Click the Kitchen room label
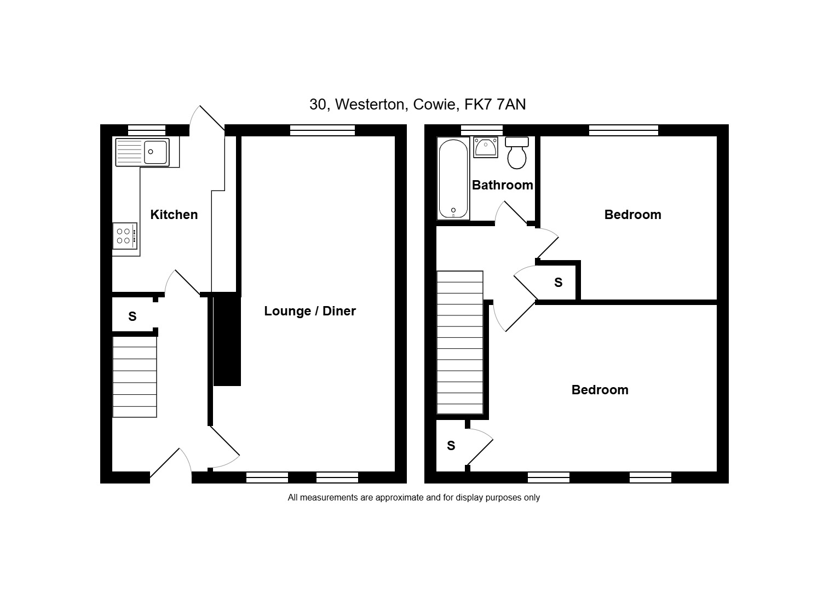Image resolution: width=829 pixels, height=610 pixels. pos(174,215)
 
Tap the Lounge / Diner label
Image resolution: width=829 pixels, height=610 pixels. pos(310,311)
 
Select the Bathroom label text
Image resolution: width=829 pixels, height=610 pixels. pos(502,185)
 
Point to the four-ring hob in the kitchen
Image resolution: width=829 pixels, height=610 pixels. pos(125,236)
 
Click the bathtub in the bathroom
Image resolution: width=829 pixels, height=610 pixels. pos(453,179)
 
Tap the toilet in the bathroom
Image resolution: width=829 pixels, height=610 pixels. pos(517,153)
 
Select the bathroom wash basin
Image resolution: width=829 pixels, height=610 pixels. pos(486,147)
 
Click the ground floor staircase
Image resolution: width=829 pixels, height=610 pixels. pos(135,376)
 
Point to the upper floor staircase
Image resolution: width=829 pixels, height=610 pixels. pos(460,342)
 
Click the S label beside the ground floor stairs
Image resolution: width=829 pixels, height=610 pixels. pos(132,316)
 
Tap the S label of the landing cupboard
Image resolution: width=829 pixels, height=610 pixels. pos(559,283)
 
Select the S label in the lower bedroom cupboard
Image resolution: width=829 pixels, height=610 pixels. pos(451,446)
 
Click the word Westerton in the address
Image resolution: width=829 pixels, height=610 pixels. pos(372,105)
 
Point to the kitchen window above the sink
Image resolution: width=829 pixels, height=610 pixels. pos(147,130)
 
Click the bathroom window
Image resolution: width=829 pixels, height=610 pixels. pos(482,130)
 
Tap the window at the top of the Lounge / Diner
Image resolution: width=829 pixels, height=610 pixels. pos(323,130)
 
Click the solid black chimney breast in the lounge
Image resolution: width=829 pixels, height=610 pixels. pos(227,339)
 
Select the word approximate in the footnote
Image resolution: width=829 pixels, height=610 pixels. pos(400,498)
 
